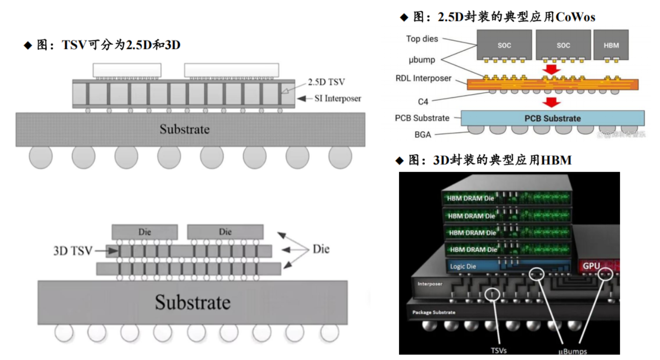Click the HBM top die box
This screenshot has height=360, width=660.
pyautogui.click(x=611, y=45)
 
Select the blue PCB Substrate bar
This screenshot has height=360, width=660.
pyautogui.click(x=552, y=118)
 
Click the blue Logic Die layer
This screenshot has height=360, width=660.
pyautogui.click(x=507, y=266)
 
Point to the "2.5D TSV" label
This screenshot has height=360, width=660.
pyautogui.click(x=326, y=82)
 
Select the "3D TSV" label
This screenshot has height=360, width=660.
pyautogui.click(x=72, y=251)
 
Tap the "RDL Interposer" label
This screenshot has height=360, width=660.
pyautogui.click(x=423, y=78)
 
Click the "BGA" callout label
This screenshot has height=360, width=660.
pyautogui.click(x=422, y=135)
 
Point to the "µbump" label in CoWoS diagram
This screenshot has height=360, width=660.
pyautogui.click(x=421, y=60)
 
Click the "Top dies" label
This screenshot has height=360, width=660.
pyautogui.click(x=422, y=39)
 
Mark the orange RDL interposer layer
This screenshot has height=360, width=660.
pyautogui.click(x=552, y=85)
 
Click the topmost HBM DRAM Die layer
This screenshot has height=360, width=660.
pyautogui.click(x=507, y=199)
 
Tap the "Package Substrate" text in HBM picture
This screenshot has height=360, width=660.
pyautogui.click(x=433, y=312)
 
